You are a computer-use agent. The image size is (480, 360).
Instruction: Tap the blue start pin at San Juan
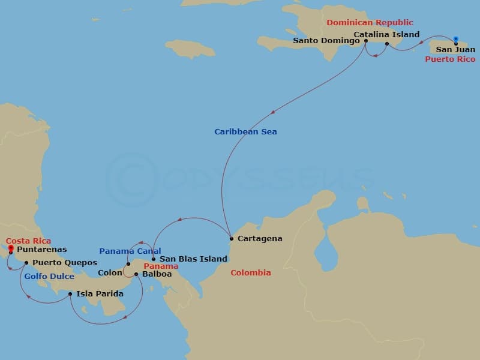[456, 40]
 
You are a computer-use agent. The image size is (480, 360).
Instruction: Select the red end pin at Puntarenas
[11, 248]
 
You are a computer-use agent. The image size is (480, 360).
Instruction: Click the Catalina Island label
[386, 34]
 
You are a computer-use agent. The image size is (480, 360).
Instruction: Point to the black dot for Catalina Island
[387, 44]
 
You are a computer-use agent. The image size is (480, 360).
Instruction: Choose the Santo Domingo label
[326, 41]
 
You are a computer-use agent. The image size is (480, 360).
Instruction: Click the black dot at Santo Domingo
[366, 41]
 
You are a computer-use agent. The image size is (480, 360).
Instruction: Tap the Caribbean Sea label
[246, 131]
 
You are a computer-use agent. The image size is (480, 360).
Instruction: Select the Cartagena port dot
[232, 238]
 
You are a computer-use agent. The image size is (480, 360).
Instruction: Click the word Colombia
[251, 272]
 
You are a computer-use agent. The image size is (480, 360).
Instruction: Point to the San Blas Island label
[193, 259]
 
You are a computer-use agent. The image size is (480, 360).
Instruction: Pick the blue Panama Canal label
[130, 251]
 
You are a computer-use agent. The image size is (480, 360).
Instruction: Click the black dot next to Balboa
[137, 274]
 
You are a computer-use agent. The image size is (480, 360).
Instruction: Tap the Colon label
[110, 273]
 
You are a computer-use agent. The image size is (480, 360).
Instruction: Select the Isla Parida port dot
[70, 294]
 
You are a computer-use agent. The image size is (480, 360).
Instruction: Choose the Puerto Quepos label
[65, 263]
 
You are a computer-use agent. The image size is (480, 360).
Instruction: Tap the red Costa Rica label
[29, 241]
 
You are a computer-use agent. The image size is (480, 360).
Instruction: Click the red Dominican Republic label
[370, 23]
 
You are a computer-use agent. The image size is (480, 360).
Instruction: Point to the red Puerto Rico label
[450, 59]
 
